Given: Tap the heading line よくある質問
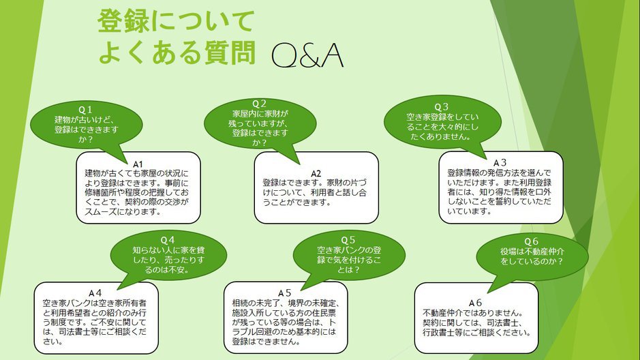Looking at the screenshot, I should [177, 52].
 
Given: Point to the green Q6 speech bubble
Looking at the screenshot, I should [532, 252].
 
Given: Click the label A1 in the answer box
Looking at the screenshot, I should [137, 164].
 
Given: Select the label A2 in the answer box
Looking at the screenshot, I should [316, 172].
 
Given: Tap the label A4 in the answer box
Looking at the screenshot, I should [95, 292].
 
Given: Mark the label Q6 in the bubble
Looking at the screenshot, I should [532, 241].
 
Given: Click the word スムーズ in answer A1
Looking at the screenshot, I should [102, 211].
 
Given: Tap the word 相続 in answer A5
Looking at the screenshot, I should [241, 302].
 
